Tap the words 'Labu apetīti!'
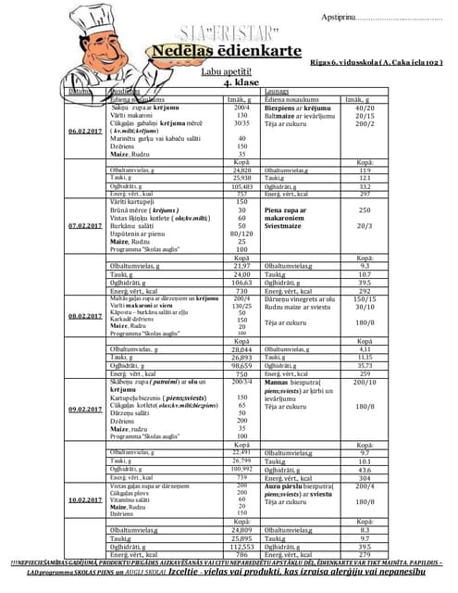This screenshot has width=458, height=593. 228,71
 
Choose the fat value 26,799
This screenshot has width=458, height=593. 242,460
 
